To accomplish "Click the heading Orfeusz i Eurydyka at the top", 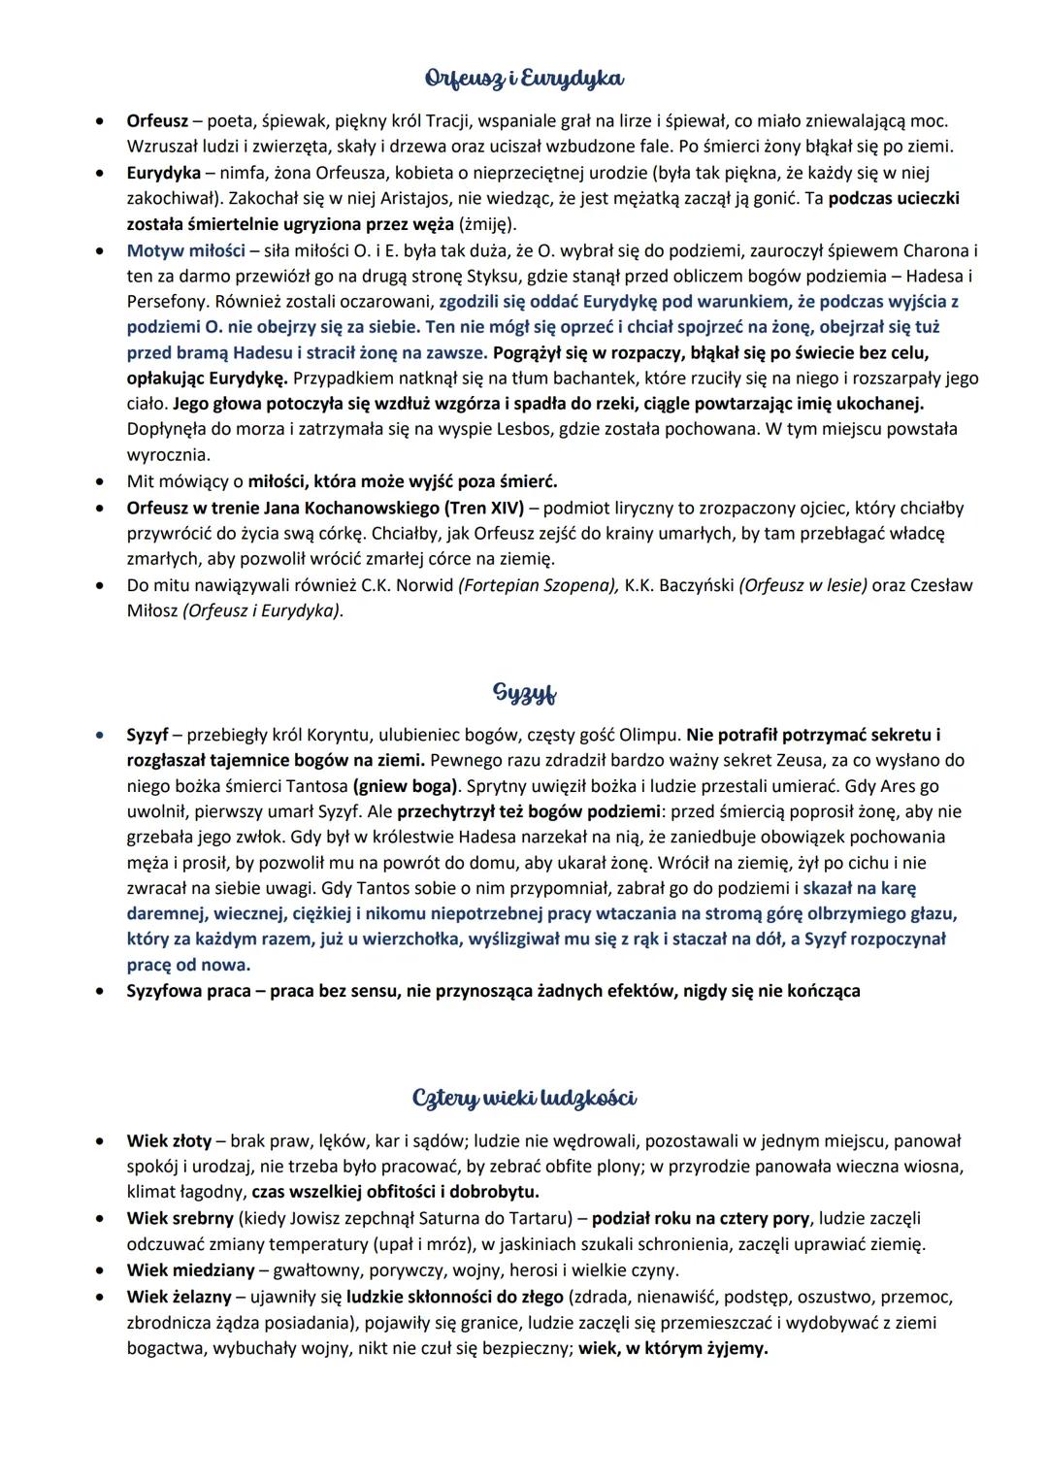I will click(x=524, y=78).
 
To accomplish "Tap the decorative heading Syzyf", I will click(x=524, y=694).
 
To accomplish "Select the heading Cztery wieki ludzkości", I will click(x=524, y=1098).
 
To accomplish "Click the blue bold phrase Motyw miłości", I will click(x=185, y=250).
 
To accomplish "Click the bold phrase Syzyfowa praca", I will click(x=188, y=991).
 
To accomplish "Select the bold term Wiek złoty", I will click(x=170, y=1140).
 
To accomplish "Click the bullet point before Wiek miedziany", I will click(x=99, y=1270).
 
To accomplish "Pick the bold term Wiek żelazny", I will click(x=179, y=1297).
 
